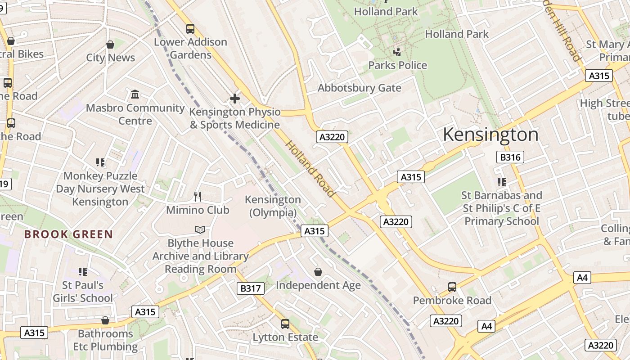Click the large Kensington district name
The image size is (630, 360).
pos(490,135)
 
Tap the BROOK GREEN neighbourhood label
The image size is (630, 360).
pos(68,234)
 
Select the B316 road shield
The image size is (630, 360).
pos(510,157)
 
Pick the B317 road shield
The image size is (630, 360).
pos(251,288)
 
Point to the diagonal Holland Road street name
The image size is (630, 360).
pos(310,169)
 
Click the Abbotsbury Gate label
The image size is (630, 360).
pos(359,88)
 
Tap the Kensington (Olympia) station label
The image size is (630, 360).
pos(273,206)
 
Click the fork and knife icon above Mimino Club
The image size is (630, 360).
pos(198,196)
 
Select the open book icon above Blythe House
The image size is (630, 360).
pos(200,230)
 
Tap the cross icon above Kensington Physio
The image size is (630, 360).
pos(234,98)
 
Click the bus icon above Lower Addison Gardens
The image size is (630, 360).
pos(190,29)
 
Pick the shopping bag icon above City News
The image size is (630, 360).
pos(110,45)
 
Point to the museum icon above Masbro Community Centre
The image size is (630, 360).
pos(135,94)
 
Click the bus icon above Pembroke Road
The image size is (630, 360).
pos(452,287)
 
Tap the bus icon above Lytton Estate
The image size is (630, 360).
pos(285,324)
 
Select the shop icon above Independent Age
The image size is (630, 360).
pos(318,272)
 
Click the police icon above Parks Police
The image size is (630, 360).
pos(397,52)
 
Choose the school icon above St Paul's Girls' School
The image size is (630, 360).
pos(82,272)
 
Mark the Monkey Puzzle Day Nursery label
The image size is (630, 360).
pos(100,189)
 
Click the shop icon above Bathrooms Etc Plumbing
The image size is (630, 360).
pos(105,320)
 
